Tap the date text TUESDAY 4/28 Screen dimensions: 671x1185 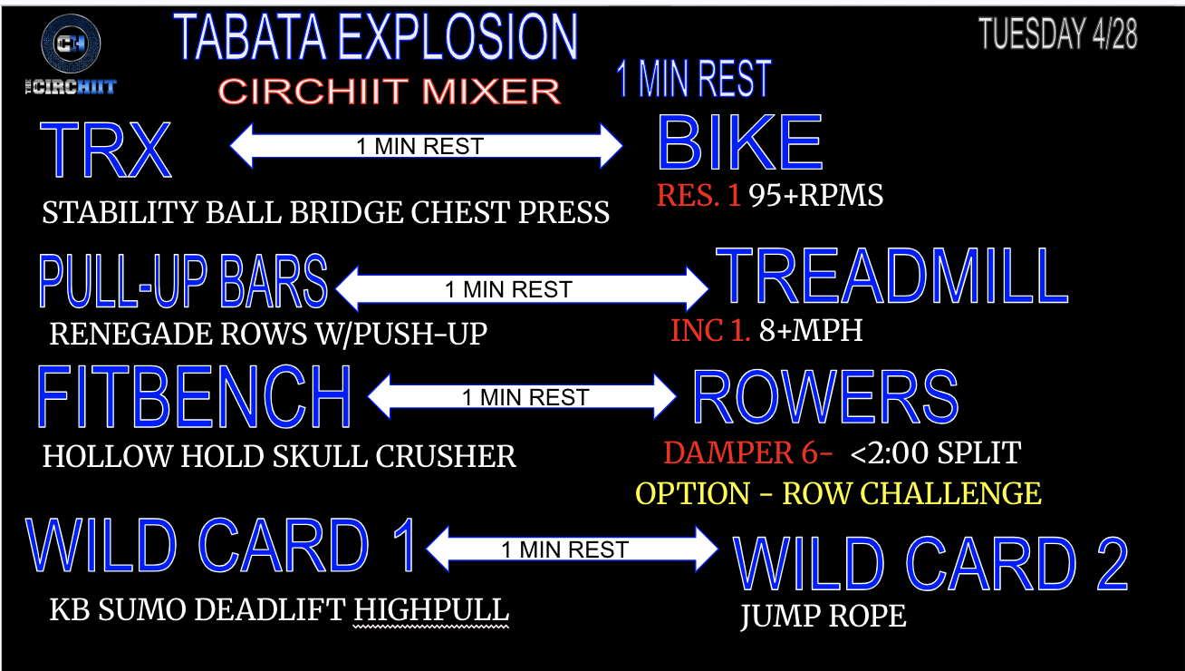tap(1057, 34)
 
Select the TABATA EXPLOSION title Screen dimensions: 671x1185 tap(375, 37)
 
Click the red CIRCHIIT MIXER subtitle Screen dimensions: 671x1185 tap(390, 91)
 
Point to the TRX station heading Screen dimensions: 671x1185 tap(105, 150)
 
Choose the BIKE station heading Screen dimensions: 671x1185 tap(739, 143)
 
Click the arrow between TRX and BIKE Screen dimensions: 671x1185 tap(427, 146)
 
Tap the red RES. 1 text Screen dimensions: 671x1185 tap(698, 195)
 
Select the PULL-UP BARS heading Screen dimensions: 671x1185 tap(182, 281)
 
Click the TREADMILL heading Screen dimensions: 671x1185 tap(892, 277)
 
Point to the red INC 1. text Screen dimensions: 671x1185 tap(710, 330)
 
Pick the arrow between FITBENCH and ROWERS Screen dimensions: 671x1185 tap(523, 397)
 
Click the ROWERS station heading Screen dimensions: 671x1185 tap(825, 397)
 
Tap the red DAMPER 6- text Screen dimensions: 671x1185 tap(747, 452)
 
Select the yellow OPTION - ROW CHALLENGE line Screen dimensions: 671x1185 tap(838, 493)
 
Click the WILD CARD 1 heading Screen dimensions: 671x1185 tap(222, 546)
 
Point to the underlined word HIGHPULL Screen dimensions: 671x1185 tap(431, 611)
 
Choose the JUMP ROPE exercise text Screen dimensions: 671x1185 tap(823, 617)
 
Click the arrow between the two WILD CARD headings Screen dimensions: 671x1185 tap(572, 549)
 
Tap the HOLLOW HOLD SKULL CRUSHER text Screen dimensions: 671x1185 tap(279, 456)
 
